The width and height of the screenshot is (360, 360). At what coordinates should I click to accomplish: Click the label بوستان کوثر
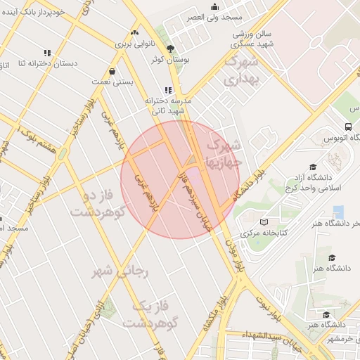point(166,59)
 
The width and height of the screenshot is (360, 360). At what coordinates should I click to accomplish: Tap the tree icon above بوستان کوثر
point(169,49)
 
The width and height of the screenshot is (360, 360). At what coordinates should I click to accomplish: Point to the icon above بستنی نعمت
point(112,71)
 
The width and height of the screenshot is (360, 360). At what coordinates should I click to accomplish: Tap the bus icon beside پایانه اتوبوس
point(349,127)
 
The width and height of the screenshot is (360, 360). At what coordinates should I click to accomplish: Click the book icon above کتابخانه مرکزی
point(264,222)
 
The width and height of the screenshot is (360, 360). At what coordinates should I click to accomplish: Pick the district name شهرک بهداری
point(241,70)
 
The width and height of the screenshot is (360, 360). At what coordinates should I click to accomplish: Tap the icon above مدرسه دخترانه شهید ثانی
point(167,90)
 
